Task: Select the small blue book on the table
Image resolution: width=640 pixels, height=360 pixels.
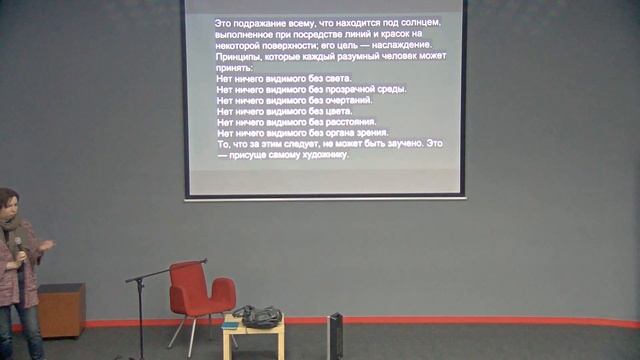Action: click(x=231, y=323)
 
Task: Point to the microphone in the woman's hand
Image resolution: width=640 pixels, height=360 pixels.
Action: click(x=17, y=246)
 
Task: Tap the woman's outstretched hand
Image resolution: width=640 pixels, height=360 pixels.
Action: click(x=48, y=245)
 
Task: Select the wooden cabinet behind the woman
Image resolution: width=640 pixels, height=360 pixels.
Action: click(x=61, y=310)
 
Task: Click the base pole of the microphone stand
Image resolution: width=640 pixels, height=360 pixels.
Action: click(x=140, y=320)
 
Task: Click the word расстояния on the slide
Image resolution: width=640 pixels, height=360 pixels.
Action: click(x=349, y=121)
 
